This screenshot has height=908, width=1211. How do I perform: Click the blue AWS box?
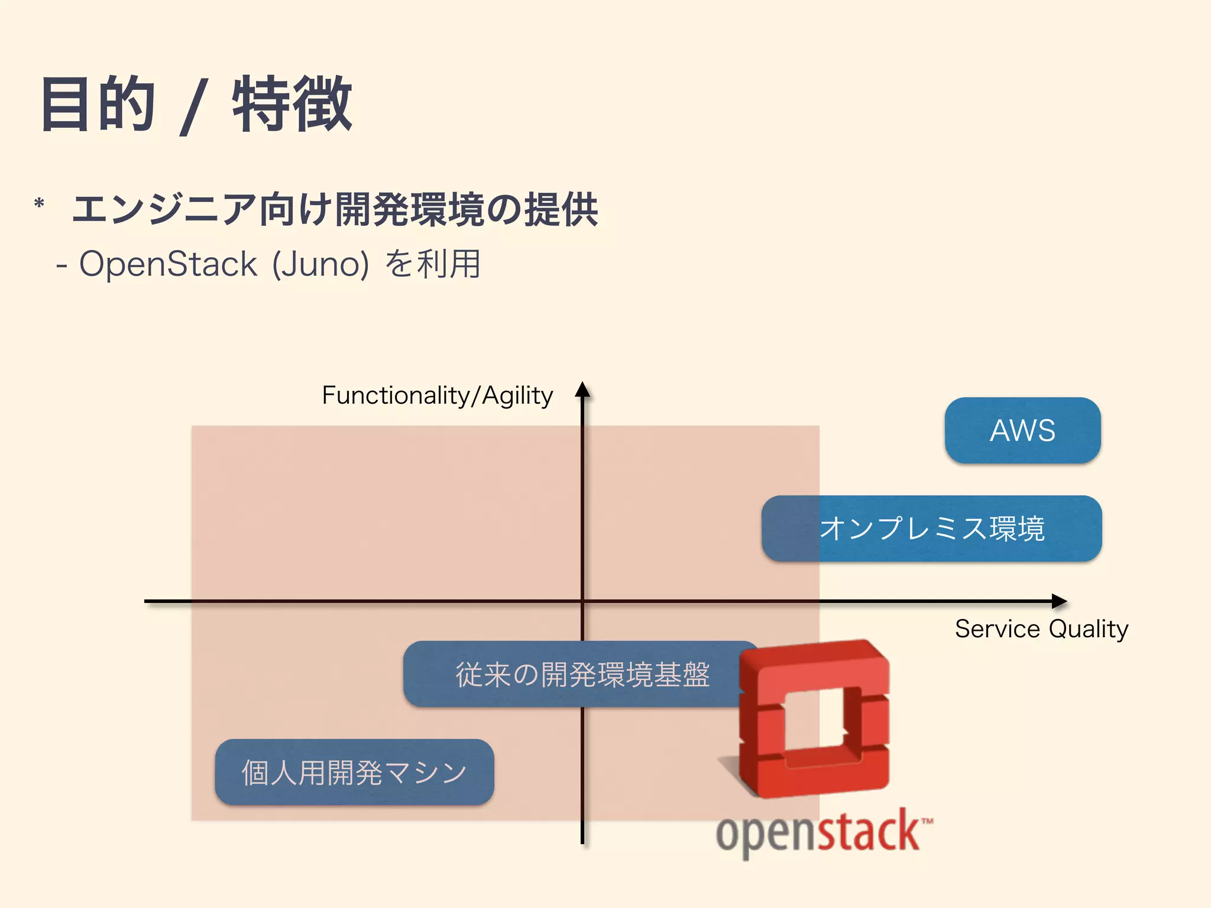[1022, 430]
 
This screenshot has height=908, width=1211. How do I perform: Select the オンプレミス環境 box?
[932, 528]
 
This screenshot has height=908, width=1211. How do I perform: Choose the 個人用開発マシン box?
[354, 773]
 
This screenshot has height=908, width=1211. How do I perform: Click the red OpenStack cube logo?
[814, 718]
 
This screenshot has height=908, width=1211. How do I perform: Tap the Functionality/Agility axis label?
[437, 395]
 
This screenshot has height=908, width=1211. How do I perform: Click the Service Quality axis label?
[1041, 629]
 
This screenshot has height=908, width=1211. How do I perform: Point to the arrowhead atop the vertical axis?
[582, 389]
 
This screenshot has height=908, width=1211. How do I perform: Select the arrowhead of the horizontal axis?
[1060, 601]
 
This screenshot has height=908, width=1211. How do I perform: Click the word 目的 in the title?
[98, 105]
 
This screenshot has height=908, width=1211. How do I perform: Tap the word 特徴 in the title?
[292, 105]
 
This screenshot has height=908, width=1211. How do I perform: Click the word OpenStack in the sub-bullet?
[168, 264]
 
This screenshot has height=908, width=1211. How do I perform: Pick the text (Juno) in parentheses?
[320, 264]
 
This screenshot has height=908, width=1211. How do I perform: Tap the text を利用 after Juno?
[433, 264]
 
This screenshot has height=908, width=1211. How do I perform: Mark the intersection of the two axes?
[582, 601]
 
